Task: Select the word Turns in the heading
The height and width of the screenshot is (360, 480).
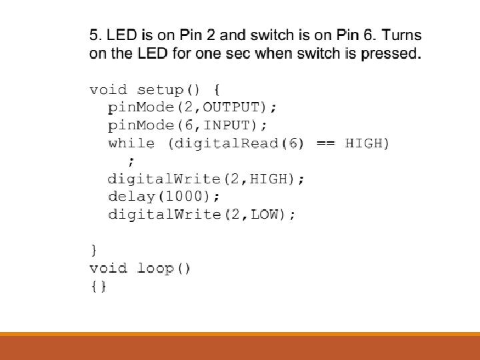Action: [402, 35]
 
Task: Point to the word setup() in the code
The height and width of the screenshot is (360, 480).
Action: [171, 89]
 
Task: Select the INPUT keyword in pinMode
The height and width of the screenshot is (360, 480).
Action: [228, 125]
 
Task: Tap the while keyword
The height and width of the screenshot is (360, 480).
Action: [131, 143]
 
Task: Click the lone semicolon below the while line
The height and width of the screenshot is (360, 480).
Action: [131, 160]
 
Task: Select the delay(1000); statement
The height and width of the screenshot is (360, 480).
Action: [163, 197]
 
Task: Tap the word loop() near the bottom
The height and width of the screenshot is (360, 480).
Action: [164, 269]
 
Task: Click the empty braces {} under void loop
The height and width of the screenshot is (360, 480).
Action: [98, 287]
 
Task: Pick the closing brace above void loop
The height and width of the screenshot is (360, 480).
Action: [93, 251]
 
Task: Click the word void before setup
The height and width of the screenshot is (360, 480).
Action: [109, 89]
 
